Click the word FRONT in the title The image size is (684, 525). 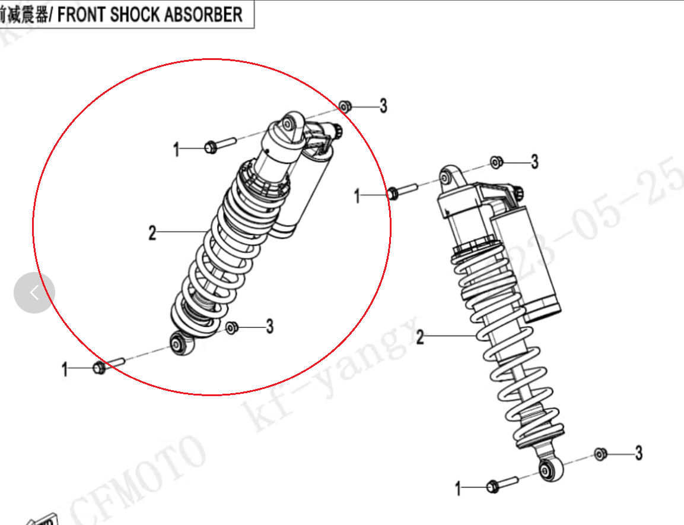click(82, 14)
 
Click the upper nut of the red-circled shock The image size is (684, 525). click(345, 107)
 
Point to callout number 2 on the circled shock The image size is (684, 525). click(152, 233)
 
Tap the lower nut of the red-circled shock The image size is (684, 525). click(232, 327)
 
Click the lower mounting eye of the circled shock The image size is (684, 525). click(180, 343)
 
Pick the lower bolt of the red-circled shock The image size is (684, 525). click(107, 365)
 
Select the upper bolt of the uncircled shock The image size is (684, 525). click(401, 191)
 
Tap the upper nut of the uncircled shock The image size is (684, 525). click(497, 162)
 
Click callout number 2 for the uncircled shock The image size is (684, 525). click(420, 338)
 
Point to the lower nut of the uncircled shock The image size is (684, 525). click(600, 454)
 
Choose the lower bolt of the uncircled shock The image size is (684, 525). click(501, 484)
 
